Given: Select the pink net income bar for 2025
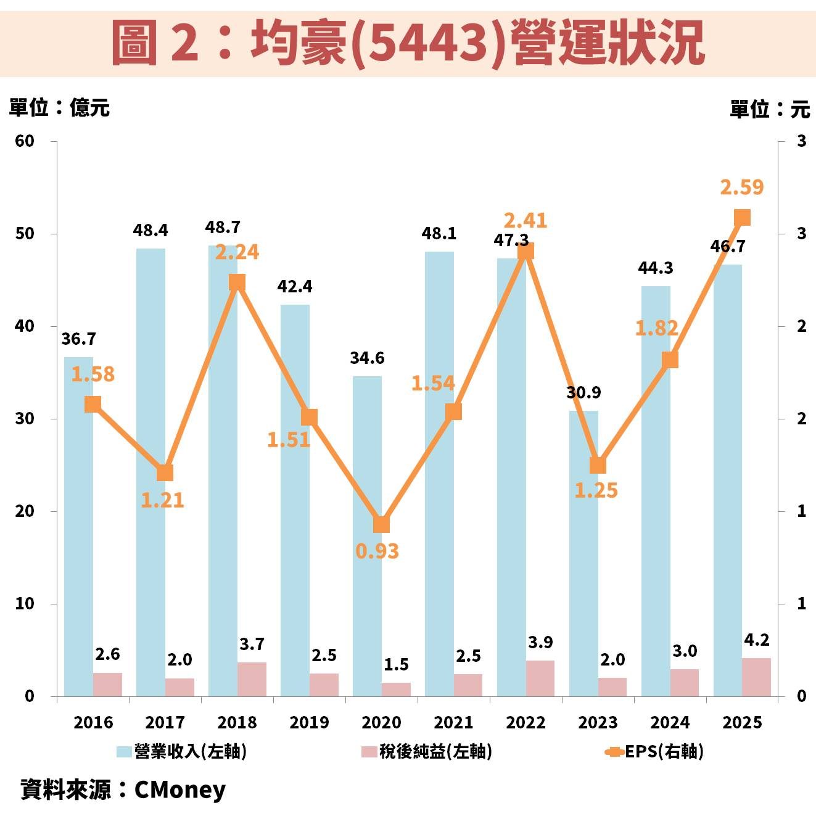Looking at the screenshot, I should pos(756,677).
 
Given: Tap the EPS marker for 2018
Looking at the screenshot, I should pos(237,282).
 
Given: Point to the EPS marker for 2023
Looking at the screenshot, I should pos(598,465).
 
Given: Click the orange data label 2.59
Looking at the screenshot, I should pos(741,187).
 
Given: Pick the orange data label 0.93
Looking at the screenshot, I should pos(377,551).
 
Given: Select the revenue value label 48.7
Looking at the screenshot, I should pos(223,228).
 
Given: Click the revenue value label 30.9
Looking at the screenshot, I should pos(583,392).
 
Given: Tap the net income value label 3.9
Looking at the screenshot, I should pos(540,643).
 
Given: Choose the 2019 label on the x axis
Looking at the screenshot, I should pos(309,722).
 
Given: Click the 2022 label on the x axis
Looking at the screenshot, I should pos(525,722).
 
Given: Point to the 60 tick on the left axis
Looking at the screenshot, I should pos(25,141).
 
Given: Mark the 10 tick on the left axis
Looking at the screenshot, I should pos(25,604).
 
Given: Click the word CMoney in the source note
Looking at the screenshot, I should pos(179,789).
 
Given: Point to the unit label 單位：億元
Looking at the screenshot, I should pos(59,108).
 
